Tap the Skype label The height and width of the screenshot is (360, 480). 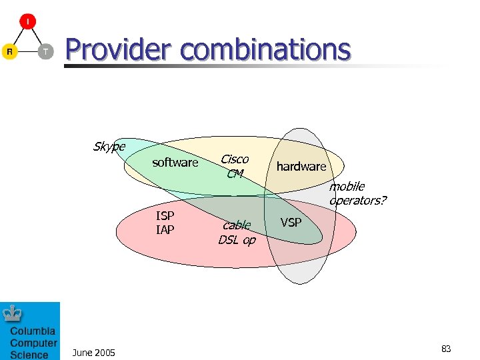pos(109,146)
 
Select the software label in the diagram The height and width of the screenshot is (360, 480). pos(175,163)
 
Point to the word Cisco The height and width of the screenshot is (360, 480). pos(235,159)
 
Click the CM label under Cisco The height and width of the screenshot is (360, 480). pos(235,174)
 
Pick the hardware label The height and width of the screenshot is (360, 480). pos(301,167)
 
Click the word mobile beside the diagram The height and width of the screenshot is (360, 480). pos(347,187)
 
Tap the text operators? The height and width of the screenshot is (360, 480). pos(358,201)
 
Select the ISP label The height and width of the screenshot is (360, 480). pos(165,216)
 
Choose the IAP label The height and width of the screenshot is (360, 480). pos(165,230)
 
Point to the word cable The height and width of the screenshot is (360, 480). pos(237,225)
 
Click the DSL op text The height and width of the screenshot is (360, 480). pos(237,240)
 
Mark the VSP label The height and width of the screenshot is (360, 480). pos(291,223)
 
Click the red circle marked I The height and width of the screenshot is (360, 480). pos(27,21)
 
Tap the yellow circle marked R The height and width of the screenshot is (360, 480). pos(9,51)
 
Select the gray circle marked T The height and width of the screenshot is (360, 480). pos(45,51)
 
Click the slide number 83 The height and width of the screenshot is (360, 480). pos(446,349)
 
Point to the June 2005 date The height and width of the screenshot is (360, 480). pos(93,353)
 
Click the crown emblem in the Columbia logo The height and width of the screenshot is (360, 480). pos(14,313)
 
